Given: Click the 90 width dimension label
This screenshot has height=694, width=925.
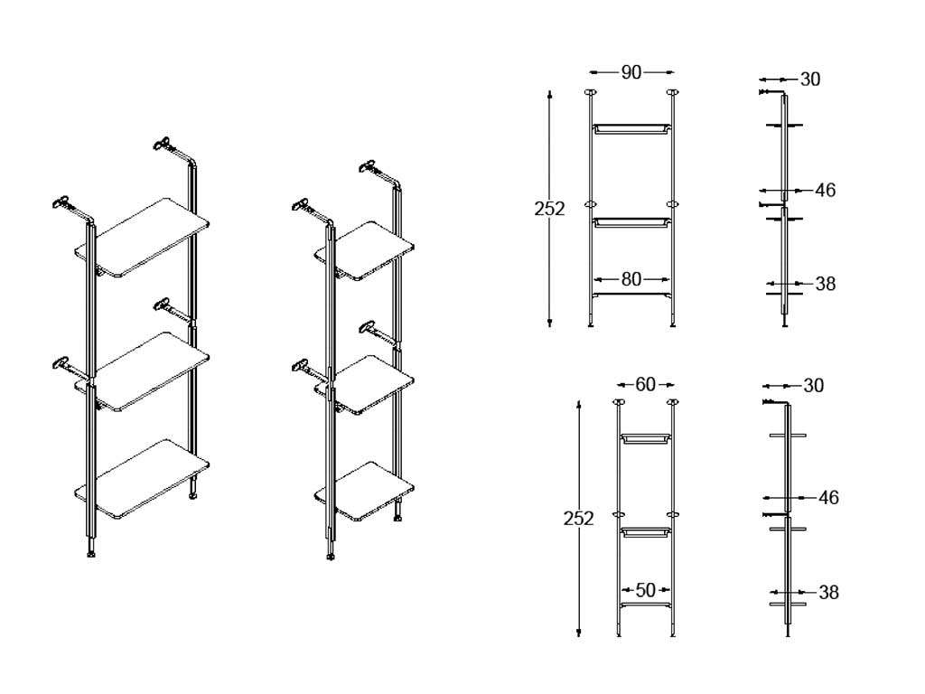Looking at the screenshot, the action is point(631,72).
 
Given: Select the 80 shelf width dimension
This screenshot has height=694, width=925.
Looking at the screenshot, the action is point(631,279).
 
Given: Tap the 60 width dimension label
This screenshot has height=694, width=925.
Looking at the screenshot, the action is point(645,385).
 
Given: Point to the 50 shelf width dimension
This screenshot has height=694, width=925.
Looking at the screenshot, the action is point(645,589).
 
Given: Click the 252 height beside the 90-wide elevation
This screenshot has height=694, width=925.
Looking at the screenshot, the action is point(549,209).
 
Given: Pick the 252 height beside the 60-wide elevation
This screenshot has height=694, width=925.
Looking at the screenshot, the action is point(578,518).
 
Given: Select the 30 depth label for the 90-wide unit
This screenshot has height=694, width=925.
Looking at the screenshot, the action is point(810,80).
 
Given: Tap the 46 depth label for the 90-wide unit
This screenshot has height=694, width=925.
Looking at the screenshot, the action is point(826,190).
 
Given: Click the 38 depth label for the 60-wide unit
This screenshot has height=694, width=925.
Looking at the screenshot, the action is point(828,592).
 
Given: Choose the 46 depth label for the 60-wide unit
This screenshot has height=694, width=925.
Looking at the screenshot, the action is point(828,498).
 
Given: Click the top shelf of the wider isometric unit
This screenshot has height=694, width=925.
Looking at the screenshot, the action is point(142,238).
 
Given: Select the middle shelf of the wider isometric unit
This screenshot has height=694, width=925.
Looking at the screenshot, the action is point(142,371).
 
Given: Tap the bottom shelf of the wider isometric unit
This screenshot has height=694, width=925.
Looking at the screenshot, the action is point(142,479).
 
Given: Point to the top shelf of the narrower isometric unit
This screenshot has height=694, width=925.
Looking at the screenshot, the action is point(364,251).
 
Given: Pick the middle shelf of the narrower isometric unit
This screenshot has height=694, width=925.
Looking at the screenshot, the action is point(364,385).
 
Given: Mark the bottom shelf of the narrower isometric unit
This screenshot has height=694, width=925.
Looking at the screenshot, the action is point(364,491).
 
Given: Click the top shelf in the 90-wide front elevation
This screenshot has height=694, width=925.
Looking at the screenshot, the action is point(631,128).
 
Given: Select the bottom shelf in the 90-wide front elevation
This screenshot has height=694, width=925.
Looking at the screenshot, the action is point(631,294).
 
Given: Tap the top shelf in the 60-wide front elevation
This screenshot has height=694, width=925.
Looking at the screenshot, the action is point(645,438).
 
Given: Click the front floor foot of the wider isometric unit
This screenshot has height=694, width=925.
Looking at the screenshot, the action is point(91,554).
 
